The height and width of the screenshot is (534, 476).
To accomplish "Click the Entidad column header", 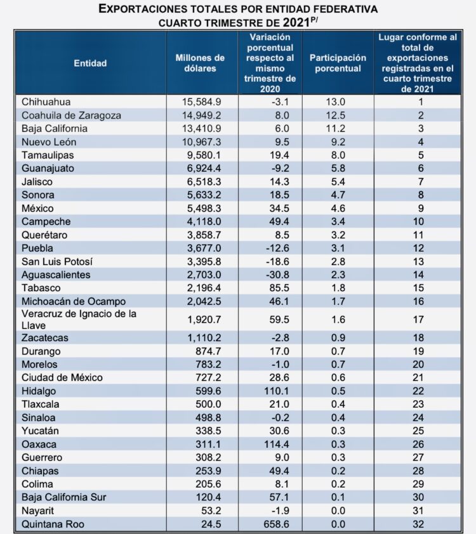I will (x=90, y=63).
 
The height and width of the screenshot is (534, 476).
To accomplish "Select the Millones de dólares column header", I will (x=200, y=63).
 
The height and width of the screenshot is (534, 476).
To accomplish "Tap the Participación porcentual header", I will (x=338, y=63).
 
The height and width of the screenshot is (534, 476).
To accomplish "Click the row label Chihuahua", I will (x=46, y=102).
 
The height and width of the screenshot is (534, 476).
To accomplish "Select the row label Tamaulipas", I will (x=47, y=155).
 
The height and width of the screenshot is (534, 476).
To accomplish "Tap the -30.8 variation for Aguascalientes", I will (x=277, y=275).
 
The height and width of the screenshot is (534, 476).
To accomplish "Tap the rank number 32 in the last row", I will (x=417, y=524).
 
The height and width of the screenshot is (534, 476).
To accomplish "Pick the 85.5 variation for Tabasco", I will (x=279, y=288).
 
